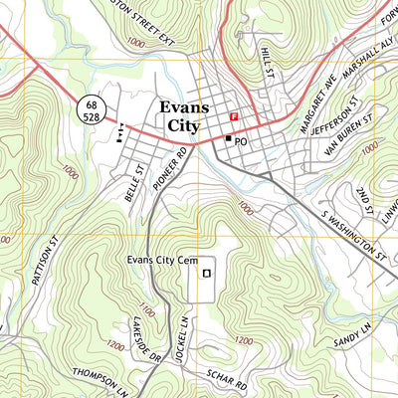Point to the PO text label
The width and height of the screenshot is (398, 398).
[x=241, y=142]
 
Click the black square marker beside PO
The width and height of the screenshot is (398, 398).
[x=227, y=139]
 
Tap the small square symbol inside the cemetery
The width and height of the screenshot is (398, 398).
[x=207, y=272]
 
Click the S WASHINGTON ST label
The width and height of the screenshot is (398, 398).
[x=352, y=233]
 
